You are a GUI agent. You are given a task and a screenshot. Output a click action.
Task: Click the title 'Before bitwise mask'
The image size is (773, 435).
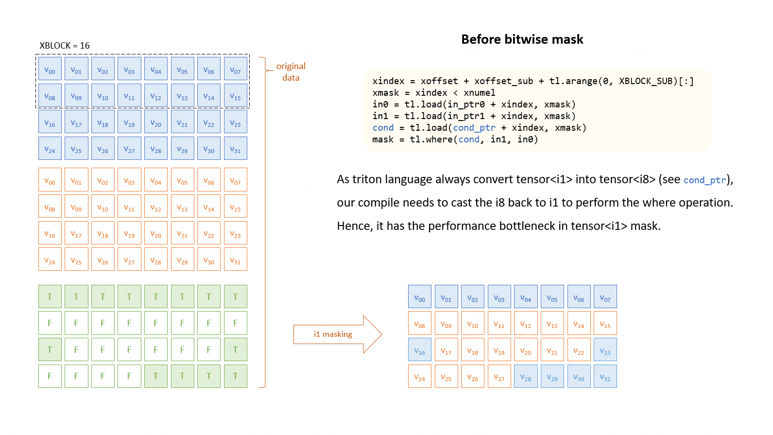pyautogui.click(x=522, y=39)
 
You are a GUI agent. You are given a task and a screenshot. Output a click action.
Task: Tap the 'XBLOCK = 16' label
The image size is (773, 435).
pyautogui.click(x=65, y=46)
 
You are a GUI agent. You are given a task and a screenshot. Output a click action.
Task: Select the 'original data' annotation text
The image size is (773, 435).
pyautogui.click(x=291, y=72)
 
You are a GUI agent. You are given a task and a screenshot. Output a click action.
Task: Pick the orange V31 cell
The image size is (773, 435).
pyautogui.click(x=235, y=260)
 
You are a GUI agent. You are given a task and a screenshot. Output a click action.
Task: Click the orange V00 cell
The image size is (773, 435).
pyautogui.click(x=50, y=180)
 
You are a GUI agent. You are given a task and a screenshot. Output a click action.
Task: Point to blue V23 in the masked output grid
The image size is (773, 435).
pyautogui.click(x=605, y=350)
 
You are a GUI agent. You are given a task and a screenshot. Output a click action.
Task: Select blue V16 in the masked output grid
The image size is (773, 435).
pyautogui.click(x=420, y=350)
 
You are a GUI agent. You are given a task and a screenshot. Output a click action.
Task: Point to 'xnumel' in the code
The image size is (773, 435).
pyautogui.click(x=480, y=93)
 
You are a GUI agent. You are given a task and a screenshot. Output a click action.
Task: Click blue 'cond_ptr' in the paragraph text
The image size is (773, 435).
pyautogui.click(x=704, y=180)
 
